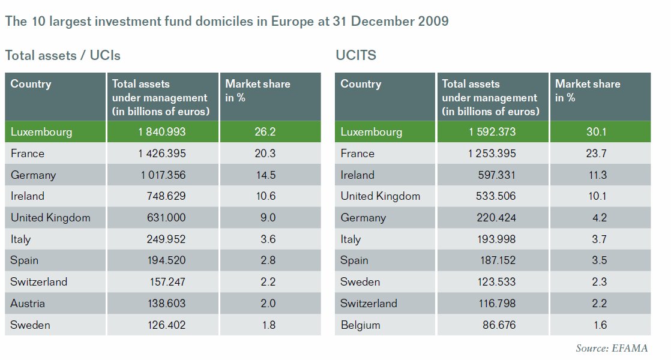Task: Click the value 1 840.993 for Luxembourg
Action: (162, 132)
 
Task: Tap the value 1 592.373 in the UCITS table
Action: (492, 132)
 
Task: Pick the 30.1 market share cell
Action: (598, 132)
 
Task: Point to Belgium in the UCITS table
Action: (360, 325)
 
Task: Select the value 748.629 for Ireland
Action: (166, 196)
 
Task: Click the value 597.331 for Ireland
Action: (496, 175)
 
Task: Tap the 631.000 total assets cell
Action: (166, 218)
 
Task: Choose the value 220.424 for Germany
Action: (496, 218)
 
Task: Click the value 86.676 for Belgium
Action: (499, 325)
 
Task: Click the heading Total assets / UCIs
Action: (63, 56)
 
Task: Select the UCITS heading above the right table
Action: (356, 56)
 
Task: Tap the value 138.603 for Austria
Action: (166, 304)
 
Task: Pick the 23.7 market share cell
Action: (598, 154)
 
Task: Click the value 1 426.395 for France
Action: (162, 154)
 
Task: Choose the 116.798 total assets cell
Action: (496, 304)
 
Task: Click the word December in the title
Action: (384, 22)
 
